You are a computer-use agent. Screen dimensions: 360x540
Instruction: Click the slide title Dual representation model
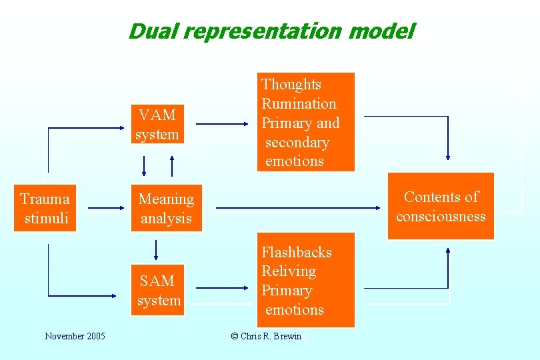[x=271, y=31]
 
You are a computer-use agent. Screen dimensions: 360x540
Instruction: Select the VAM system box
[x=157, y=125]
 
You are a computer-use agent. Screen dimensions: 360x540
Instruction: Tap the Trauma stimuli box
[x=45, y=209]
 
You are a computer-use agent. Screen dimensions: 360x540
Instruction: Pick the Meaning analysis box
[x=166, y=209]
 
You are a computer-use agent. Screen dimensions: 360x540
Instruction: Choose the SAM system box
[x=159, y=291]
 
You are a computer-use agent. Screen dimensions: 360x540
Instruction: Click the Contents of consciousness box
[x=441, y=206]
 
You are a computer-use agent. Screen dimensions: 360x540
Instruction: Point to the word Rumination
[x=299, y=104]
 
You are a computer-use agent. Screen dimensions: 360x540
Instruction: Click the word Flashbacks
[x=296, y=252]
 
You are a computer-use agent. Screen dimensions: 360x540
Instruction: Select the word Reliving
[x=289, y=271]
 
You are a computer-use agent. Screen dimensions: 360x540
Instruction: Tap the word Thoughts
[x=291, y=85]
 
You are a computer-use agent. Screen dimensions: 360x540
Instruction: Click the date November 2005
[x=75, y=336]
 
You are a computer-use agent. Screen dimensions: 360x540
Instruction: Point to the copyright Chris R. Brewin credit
[x=266, y=336]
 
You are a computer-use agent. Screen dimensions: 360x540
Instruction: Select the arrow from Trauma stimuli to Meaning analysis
[x=106, y=208]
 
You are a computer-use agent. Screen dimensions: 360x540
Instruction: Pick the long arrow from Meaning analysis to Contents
[x=300, y=208]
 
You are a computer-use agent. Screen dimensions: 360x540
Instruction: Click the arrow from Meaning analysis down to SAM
[x=155, y=250]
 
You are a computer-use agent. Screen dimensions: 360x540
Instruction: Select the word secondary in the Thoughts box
[x=297, y=143]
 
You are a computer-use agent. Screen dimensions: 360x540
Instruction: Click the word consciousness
[x=441, y=216]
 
